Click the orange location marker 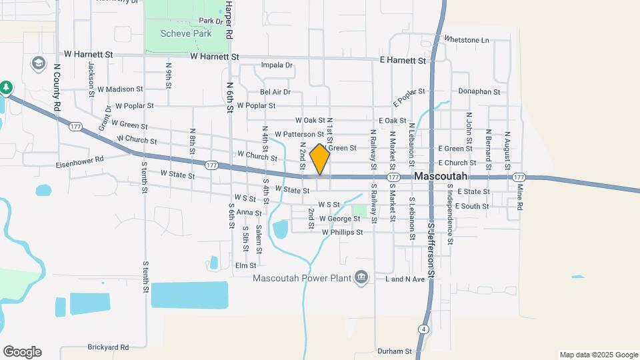click(320, 159)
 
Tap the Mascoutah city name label click(441, 177)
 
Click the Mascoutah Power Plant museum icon click(361, 277)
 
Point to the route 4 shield click(424, 329)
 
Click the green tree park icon click(6, 87)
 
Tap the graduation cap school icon click(37, 63)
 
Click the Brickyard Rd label click(107, 347)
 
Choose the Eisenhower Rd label click(80, 161)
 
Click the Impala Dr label click(277, 65)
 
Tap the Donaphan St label click(479, 91)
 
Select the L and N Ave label click(405, 279)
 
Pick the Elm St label click(246, 265)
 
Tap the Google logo click(22, 352)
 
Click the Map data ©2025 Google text click(599, 355)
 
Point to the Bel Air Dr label click(275, 92)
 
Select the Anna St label click(248, 213)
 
